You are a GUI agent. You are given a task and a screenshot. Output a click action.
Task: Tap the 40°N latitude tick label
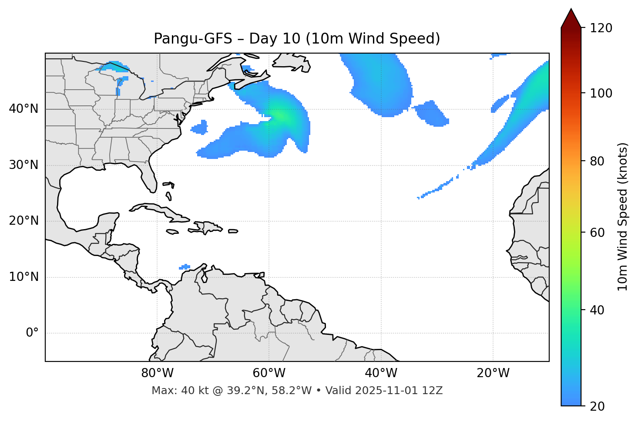coord(24,109)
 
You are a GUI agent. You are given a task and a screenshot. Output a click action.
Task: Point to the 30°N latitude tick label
coord(24,165)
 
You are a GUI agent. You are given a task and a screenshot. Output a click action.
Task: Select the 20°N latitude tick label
coord(24,221)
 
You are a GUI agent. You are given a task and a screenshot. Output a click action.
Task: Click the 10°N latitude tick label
coord(24,277)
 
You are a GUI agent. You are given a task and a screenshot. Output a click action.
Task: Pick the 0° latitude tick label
coord(32,333)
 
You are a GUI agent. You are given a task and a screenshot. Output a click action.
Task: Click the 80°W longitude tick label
coord(157,373)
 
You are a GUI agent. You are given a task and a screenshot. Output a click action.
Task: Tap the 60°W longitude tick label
coord(269,373)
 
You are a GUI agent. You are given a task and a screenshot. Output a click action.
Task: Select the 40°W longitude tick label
coord(381,373)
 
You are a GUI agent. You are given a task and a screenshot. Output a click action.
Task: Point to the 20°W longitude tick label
coord(493,373)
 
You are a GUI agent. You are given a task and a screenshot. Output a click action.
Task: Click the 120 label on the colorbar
coord(601,28)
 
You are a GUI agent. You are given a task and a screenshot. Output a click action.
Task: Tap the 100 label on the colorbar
coord(601,93)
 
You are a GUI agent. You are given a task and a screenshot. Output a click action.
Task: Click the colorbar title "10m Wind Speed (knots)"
coord(623,216)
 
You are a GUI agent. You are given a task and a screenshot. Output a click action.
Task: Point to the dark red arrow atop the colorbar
coord(571,18)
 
